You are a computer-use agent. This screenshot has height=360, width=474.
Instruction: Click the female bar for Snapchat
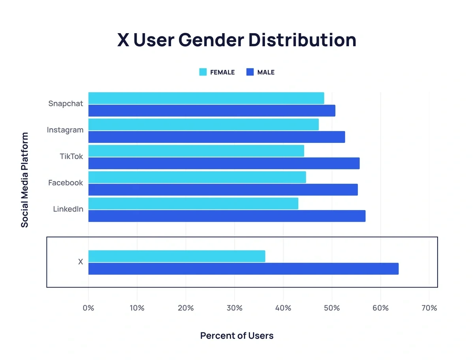click(206, 98)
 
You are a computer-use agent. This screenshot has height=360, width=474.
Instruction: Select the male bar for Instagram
click(216, 137)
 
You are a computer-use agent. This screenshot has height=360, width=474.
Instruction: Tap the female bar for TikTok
click(196, 151)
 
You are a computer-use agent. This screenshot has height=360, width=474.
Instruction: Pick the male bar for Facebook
click(223, 189)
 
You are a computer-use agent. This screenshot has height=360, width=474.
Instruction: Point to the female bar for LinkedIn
click(193, 204)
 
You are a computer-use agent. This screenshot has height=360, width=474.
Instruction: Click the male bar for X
click(243, 269)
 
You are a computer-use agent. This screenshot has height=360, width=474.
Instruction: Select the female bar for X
click(177, 256)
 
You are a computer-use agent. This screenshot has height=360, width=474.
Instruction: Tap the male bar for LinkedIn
click(227, 216)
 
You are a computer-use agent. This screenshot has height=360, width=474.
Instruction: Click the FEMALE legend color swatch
click(203, 72)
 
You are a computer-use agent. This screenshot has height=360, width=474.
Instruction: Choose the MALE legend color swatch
click(250, 72)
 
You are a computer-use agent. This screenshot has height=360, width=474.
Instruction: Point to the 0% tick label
click(88, 308)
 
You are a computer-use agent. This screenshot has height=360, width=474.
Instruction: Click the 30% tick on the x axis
click(235, 308)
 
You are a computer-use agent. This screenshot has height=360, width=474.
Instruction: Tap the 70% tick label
click(429, 308)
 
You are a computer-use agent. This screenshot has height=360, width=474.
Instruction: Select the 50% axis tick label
click(332, 308)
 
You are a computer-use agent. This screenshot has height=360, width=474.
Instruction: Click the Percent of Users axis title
click(237, 336)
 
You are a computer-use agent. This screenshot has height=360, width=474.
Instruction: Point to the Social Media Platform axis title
click(25, 180)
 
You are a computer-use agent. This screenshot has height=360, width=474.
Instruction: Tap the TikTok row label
click(71, 156)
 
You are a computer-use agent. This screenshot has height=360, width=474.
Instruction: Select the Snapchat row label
click(66, 103)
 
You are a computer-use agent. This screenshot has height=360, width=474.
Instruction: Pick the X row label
click(81, 262)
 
